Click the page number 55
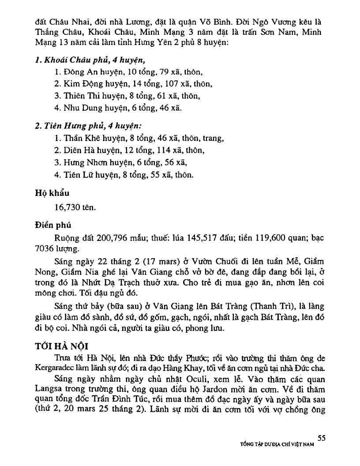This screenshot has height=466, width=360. point(321,438)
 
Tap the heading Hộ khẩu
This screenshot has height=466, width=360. point(52,192)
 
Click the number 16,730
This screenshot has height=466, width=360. point(66,207)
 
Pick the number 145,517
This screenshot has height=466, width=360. point(214,238)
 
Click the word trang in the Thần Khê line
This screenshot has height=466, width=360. point(213,139)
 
